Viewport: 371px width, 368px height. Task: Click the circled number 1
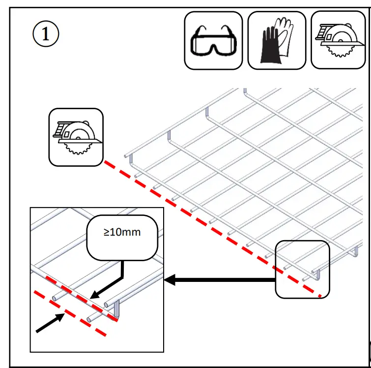(46, 34)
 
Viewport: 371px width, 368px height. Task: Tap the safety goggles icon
(213, 41)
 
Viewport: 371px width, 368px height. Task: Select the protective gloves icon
(277, 40)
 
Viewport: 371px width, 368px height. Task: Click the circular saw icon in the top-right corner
(340, 40)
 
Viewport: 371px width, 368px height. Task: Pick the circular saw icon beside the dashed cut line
(76, 137)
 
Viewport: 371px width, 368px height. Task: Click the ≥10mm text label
(122, 232)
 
